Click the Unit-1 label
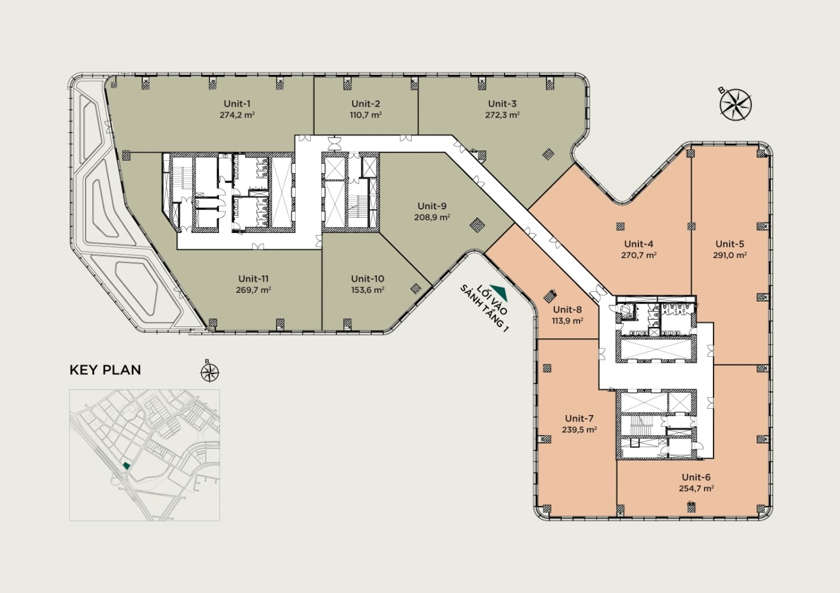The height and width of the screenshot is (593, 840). point(237,104)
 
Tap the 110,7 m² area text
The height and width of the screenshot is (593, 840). point(366,115)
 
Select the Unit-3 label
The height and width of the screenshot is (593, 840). point(502,104)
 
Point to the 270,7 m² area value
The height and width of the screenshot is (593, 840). point(638,255)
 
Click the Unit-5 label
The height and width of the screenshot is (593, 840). point(730,244)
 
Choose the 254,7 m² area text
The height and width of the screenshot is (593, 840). point(696,489)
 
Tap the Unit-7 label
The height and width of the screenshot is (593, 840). point(580,419)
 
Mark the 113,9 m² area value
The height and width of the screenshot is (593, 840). point(567,321)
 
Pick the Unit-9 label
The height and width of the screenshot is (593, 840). point(432,206)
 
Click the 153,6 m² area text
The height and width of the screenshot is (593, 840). point(367,290)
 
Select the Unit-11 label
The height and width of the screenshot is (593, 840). point(254,279)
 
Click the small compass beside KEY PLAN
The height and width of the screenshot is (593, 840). point(210,373)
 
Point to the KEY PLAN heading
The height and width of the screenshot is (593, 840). point(105,370)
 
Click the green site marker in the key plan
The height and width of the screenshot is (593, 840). point(127,466)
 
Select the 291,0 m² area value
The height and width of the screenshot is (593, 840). point(730,255)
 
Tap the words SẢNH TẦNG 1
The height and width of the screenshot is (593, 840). point(484,309)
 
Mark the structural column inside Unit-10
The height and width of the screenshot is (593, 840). point(416,288)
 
